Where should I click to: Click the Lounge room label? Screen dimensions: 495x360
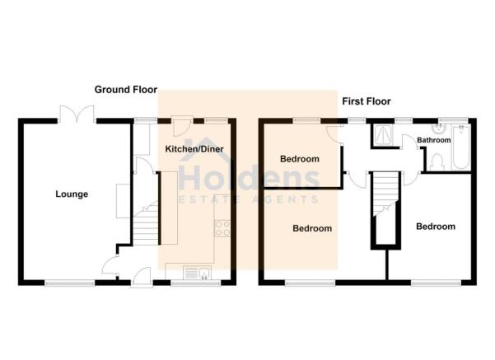[x=72, y=194]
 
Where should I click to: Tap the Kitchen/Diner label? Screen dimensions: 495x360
[x=194, y=149]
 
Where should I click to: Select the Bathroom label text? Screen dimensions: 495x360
[x=434, y=140]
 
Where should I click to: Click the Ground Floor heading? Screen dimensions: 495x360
[x=126, y=90]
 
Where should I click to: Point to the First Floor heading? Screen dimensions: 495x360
[x=367, y=101]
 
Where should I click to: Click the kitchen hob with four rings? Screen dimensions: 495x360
[x=222, y=228]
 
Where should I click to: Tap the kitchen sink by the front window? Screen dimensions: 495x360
[x=198, y=273]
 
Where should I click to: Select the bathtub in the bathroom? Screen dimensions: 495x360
[x=461, y=147]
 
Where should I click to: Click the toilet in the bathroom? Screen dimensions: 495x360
[x=437, y=162]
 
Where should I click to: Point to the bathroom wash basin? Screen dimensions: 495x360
[x=438, y=129]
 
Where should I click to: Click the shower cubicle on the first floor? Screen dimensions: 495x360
[x=383, y=135]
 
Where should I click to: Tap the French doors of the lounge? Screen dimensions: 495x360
[x=76, y=114]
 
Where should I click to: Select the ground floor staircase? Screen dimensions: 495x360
[x=145, y=223]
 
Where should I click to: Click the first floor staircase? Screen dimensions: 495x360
[x=385, y=194]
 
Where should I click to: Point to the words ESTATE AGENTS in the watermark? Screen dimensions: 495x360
[x=249, y=199]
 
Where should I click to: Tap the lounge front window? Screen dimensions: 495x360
[x=70, y=283]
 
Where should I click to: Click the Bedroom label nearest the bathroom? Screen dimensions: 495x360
[x=436, y=227]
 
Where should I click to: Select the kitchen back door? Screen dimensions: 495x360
[x=181, y=126]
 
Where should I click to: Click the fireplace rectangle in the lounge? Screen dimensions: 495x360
[x=123, y=201]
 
